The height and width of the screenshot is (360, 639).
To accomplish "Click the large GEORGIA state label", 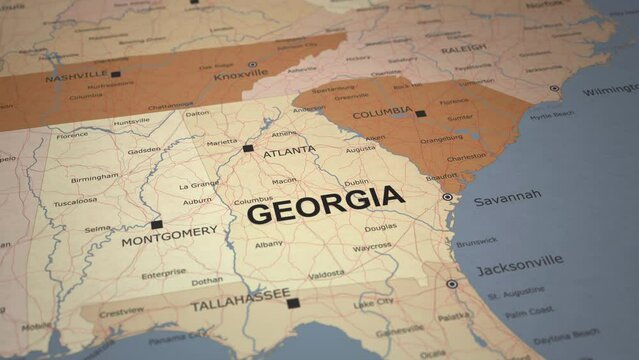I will [325, 206].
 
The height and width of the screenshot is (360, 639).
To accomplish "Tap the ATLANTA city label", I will [289, 152].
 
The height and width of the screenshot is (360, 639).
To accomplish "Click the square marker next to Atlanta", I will [248, 148].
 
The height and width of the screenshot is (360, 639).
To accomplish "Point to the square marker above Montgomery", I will [156, 224].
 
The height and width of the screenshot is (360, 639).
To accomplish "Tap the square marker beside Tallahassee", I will [292, 303].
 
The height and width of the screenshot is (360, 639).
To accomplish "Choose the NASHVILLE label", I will [76, 76].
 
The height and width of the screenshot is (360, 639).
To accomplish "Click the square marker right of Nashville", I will [115, 74].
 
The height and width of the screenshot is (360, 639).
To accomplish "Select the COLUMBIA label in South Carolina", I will [382, 112].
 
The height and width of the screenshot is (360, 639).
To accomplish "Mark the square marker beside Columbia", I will [420, 114].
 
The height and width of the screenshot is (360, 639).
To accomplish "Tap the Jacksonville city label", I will [518, 265].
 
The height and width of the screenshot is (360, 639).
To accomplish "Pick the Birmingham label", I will [94, 178].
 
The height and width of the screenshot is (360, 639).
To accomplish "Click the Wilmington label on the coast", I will [609, 91].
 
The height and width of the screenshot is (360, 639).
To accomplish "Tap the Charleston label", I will [466, 157].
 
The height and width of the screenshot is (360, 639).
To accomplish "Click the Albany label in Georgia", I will [268, 244].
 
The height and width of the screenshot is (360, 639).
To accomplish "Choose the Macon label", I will [284, 181].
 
